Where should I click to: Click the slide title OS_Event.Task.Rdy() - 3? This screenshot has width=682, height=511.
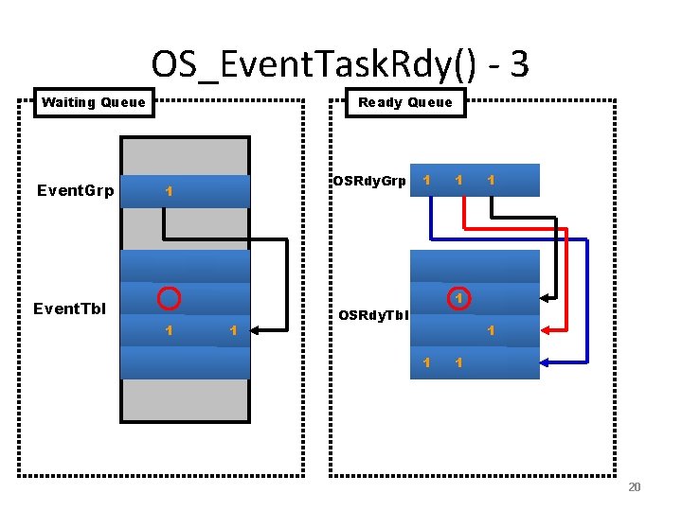point(340,64)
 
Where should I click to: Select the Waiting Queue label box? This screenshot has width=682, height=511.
point(94,102)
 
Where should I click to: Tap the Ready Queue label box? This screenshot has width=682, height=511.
point(404,102)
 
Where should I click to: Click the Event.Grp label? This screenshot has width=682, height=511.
point(75,190)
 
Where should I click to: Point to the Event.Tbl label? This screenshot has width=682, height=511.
point(69,308)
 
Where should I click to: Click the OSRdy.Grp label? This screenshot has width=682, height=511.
point(368,181)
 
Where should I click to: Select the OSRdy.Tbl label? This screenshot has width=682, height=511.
point(373,315)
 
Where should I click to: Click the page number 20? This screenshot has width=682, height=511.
point(634,486)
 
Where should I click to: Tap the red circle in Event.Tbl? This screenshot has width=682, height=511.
point(169,298)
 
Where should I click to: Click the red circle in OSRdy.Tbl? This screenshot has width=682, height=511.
point(458,298)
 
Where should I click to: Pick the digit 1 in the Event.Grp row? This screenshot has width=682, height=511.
point(168,190)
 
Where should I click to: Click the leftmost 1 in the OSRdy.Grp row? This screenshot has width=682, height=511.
point(427,179)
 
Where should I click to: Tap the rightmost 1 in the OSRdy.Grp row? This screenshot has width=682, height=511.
point(490,179)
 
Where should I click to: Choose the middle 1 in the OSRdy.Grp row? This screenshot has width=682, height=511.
point(458,179)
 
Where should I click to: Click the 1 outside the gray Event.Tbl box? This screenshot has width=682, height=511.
point(232,330)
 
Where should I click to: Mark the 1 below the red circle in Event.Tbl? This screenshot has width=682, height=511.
point(168,330)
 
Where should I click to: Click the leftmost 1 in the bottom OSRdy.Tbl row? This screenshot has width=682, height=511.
point(427,362)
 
